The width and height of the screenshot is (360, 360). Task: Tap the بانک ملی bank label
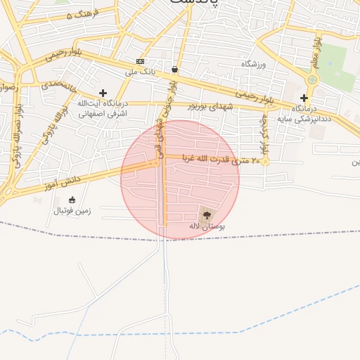pyautogui.click(x=139, y=71)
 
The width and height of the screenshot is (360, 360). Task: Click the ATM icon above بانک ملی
pyautogui.click(x=140, y=61)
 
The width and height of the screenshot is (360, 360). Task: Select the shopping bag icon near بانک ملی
pyautogui.click(x=174, y=70)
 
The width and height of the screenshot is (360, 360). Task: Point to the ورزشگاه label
pyautogui.click(x=255, y=64)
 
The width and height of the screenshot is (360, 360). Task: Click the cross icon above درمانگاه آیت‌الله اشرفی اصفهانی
pyautogui.click(x=103, y=93)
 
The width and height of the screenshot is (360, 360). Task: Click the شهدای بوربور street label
pyautogui.click(x=210, y=105)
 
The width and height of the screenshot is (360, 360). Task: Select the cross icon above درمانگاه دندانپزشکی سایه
pyautogui.click(x=304, y=98)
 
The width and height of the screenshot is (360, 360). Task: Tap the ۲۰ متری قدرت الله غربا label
pyautogui.click(x=221, y=160)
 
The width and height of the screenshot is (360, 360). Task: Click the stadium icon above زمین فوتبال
pyautogui.click(x=72, y=200)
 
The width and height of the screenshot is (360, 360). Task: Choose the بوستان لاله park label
pyautogui.click(x=207, y=226)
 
